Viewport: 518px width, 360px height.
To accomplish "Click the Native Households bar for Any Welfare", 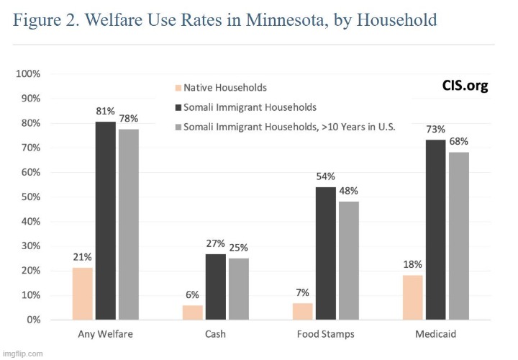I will coord(83,294).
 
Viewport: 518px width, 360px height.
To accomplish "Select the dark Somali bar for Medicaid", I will coord(436,230).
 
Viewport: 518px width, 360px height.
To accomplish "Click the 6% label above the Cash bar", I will coord(192,294).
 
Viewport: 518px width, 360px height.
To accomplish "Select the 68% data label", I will coord(459,141).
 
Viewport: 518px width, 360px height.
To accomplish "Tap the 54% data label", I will coord(325,176).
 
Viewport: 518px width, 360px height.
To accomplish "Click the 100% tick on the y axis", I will coord(28,74).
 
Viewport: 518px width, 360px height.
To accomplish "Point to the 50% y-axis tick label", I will coord(30,197).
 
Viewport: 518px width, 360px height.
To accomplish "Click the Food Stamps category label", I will coord(325,334).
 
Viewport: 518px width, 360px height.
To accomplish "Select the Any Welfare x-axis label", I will coord(105,334).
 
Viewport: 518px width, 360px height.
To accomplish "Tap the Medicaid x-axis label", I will coord(436,334).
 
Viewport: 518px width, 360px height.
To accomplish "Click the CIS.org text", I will coord(465,86).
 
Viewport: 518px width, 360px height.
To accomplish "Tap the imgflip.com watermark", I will coord(23,354).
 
